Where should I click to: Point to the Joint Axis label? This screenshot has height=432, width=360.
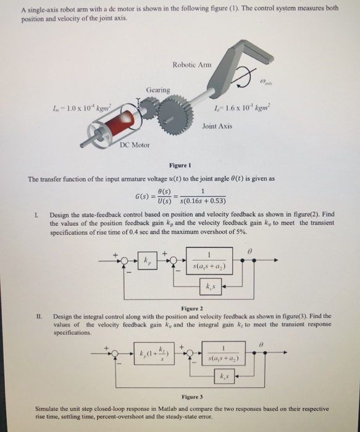click(217, 126)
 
